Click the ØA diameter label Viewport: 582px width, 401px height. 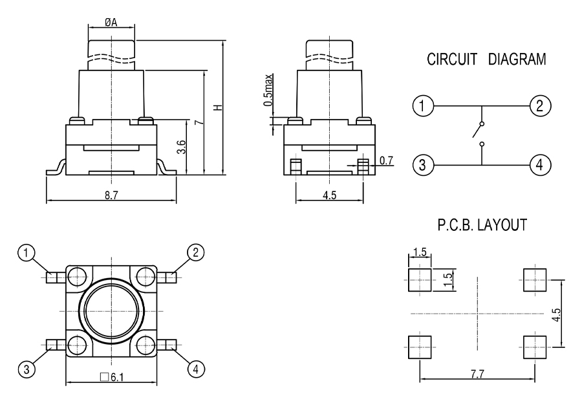click(111, 21)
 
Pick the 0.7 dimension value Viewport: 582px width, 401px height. click(385, 159)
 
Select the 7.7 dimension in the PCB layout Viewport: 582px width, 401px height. click(478, 373)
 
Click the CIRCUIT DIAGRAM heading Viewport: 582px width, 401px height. click(486, 60)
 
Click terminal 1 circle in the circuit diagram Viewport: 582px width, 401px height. click(422, 105)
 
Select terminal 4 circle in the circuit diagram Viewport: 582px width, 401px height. click(538, 165)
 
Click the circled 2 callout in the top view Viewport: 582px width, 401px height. click(194, 252)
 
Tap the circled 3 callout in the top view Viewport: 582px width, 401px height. click(27, 369)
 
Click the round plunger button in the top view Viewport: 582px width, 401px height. click(111, 310)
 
